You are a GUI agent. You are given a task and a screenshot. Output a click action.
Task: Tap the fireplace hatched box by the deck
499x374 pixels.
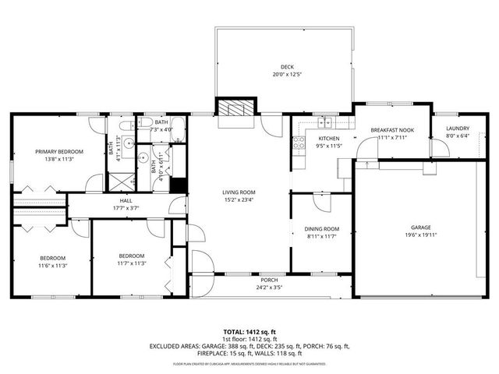pyautogui.click(x=235, y=109)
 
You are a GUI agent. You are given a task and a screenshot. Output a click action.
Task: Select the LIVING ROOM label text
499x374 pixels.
pyautogui.click(x=239, y=192)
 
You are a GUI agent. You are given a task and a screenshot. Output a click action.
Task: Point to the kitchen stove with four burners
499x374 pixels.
pyautogui.click(x=297, y=143)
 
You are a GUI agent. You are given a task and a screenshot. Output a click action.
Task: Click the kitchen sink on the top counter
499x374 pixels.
pyautogui.click(x=326, y=122)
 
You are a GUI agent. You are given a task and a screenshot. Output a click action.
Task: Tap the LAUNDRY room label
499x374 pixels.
pyautogui.click(x=457, y=129)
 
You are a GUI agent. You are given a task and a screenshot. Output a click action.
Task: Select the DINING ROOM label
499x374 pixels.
pyautogui.click(x=320, y=229)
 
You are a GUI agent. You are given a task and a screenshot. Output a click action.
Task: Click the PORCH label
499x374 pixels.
pyautogui.click(x=269, y=280)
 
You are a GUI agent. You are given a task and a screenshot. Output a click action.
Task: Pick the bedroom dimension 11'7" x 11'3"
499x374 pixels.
pyautogui.click(x=132, y=263)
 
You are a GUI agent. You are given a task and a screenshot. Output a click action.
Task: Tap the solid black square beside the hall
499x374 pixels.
pyautogui.click(x=178, y=186)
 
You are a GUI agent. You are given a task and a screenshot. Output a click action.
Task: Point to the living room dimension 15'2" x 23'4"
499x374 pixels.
pyautogui.click(x=239, y=199)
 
